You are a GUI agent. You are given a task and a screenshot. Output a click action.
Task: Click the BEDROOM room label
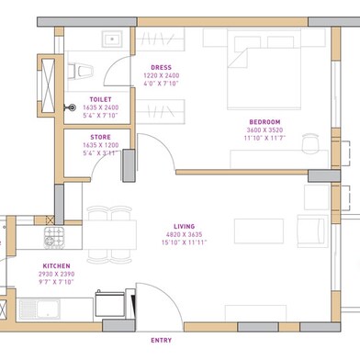264,122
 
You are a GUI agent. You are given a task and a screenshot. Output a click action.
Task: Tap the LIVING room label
185,227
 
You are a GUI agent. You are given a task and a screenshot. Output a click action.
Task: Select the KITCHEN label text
56,266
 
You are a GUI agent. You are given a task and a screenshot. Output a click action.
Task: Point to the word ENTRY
162,340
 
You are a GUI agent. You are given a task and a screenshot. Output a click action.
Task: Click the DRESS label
162,67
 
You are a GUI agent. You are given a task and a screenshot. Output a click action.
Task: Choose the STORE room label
100,137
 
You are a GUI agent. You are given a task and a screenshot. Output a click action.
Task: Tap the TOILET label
100,99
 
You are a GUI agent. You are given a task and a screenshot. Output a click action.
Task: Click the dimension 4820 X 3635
185,234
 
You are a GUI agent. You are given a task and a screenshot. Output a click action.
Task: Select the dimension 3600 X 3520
264,129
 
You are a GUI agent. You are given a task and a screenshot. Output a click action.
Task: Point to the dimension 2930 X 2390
56,274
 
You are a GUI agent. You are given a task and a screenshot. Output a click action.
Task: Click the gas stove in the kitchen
54,238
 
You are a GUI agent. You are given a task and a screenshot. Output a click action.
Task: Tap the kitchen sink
39,309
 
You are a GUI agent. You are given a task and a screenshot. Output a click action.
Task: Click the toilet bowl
80,72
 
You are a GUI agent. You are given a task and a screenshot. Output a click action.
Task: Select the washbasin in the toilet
112,39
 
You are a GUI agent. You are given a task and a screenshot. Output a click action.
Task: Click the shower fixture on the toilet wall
71,107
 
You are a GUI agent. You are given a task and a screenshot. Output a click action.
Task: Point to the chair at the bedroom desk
310,143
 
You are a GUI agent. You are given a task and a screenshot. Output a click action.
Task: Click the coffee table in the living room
259,231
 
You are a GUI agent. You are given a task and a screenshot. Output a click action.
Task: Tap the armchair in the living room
312,231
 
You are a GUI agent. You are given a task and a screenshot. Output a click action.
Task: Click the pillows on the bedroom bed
264,42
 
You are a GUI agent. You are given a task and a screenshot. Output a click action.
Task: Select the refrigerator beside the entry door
110,303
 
